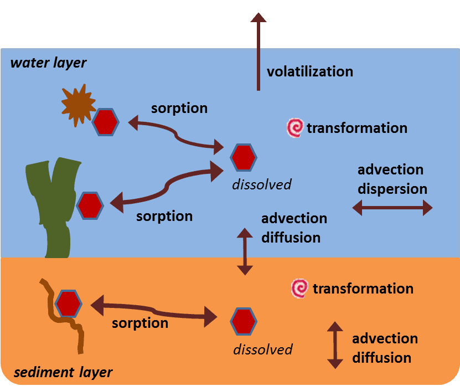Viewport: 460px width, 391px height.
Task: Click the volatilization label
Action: point(309,71)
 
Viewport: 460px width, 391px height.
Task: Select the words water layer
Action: point(49,63)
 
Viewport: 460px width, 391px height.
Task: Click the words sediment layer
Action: point(63,372)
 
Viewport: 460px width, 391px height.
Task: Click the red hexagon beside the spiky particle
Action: point(105,122)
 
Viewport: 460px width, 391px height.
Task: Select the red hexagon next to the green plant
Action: point(90,205)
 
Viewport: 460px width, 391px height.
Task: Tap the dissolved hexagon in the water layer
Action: point(244,157)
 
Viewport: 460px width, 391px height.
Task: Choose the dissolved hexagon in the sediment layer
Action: point(244,321)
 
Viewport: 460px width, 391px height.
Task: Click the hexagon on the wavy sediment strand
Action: point(69,303)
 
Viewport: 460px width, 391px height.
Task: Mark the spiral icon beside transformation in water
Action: point(295,128)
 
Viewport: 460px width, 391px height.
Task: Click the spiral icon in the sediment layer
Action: point(299,289)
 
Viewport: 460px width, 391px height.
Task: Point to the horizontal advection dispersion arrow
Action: point(392,208)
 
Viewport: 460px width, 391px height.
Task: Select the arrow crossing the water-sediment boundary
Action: point(245,252)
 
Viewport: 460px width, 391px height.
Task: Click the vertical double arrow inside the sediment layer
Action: point(335,344)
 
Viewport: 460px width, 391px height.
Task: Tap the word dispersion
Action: point(392,188)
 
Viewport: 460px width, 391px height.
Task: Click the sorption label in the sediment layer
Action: point(140,323)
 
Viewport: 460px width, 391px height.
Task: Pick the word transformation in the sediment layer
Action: point(363,289)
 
